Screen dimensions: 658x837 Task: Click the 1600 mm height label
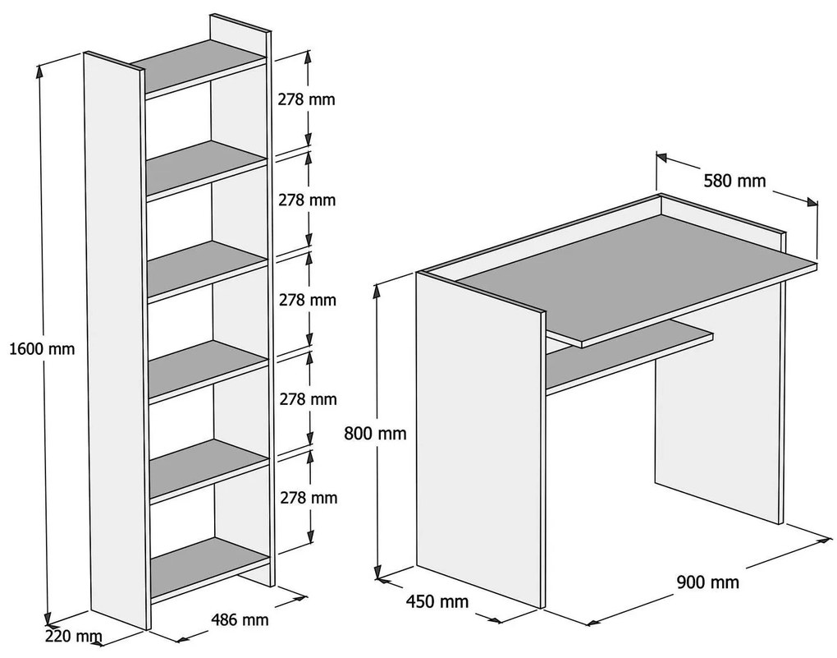click(41, 348)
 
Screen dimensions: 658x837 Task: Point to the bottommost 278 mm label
click(308, 498)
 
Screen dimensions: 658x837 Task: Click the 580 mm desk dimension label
click(734, 182)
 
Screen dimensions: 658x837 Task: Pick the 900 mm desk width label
click(707, 582)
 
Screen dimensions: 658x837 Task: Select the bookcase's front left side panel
click(116, 345)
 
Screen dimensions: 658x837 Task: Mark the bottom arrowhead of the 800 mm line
click(378, 575)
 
